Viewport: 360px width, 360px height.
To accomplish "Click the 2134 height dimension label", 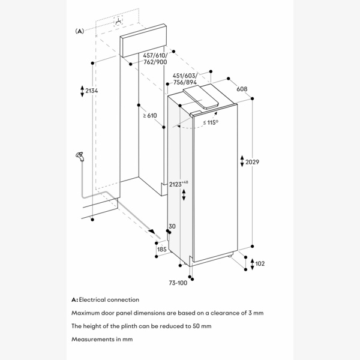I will tap(92, 91).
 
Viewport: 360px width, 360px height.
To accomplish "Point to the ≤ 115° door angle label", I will tap(210, 122).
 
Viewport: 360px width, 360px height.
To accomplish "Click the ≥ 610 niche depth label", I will tap(150, 115).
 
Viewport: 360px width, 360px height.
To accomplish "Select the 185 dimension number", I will tap(161, 248).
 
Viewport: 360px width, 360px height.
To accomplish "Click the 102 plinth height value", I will tap(259, 263).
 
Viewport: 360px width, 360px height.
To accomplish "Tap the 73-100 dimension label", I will tap(178, 283).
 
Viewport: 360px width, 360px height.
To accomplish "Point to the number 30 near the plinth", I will tap(172, 226).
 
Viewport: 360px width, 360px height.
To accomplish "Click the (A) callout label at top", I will tap(79, 31).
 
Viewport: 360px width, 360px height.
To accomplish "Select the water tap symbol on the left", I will tap(78, 155).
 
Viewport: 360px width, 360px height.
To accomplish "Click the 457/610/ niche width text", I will tap(155, 56).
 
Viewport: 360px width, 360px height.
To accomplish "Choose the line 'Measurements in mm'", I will tap(100, 339).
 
